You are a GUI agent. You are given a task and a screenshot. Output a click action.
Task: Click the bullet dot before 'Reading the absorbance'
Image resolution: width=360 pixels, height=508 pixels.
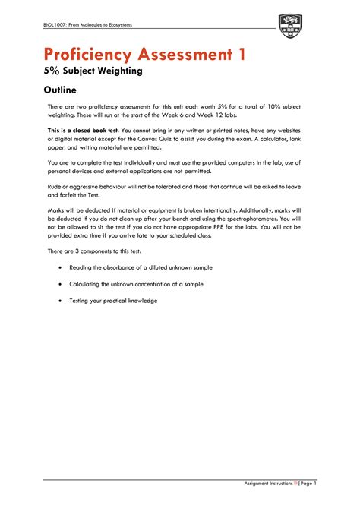pyautogui.click(x=61, y=268)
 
